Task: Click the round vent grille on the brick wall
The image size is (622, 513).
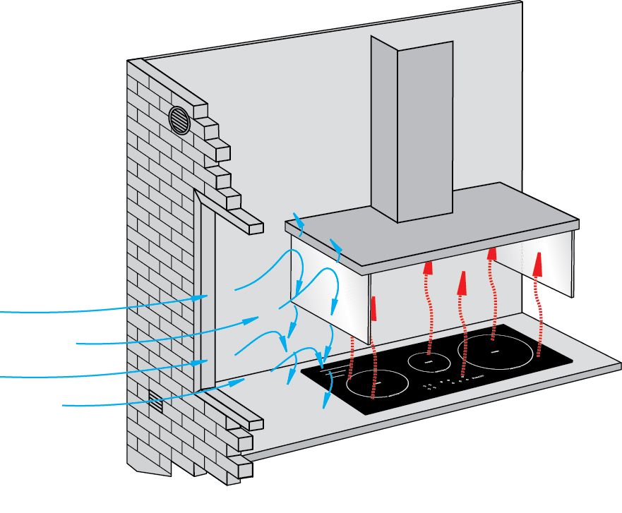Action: pos(180,121)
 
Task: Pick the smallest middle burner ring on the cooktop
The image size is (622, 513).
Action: pos(429,362)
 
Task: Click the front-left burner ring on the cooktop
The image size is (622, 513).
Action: pos(377,385)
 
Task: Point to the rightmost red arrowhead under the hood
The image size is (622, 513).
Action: pos(539,263)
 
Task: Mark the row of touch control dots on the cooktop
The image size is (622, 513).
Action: pos(452,382)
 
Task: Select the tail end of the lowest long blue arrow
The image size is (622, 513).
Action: pos(66,406)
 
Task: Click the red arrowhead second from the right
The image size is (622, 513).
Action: pos(492,254)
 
